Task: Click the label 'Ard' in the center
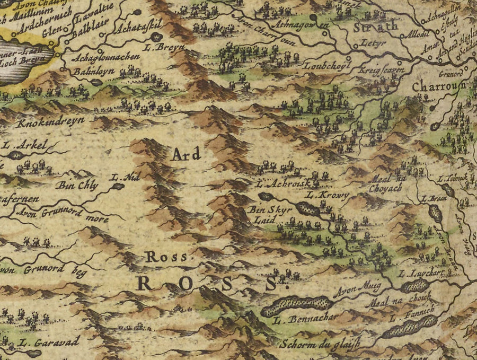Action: click(185, 154)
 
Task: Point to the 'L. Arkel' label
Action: click(25, 144)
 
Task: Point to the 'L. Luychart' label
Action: click(422, 274)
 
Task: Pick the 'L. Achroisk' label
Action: click(279, 185)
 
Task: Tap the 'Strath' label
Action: click(368, 27)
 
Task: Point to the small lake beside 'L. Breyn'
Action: click(156, 37)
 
